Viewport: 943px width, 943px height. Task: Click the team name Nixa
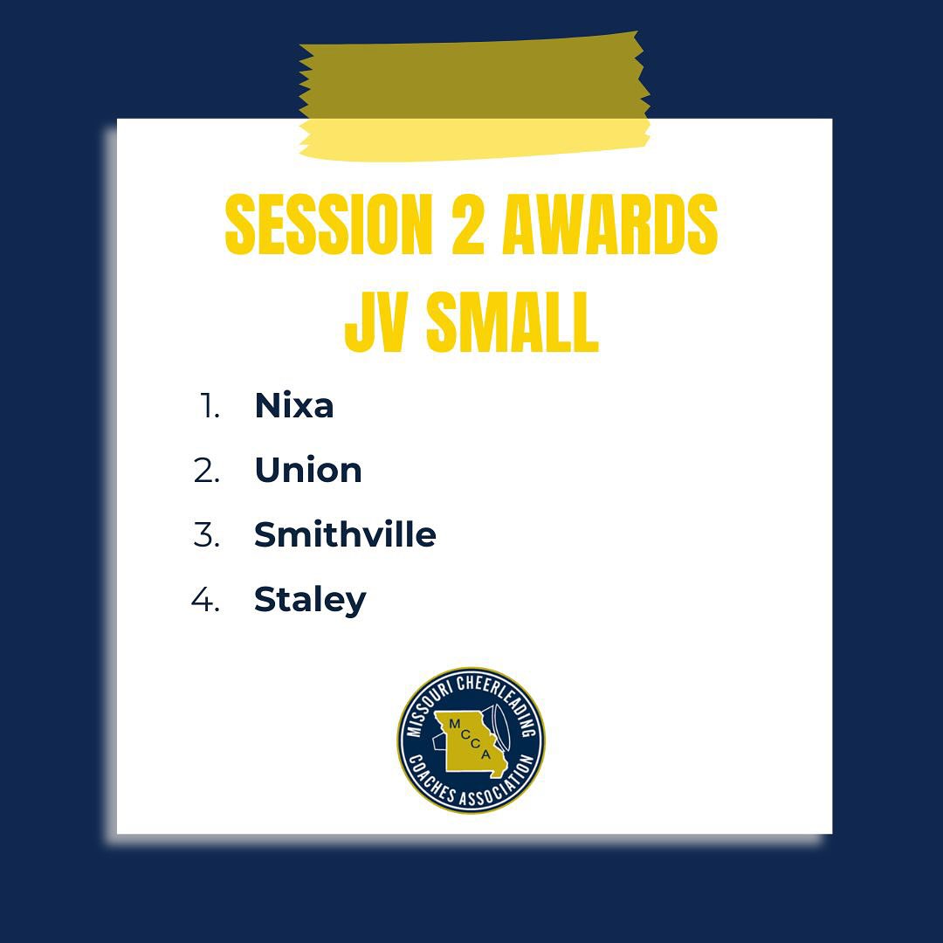[293, 406]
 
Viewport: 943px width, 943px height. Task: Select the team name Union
[307, 471]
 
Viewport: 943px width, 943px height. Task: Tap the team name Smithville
[345, 534]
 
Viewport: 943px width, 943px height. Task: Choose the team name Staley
[310, 601]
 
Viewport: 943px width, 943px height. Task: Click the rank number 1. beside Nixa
[209, 406]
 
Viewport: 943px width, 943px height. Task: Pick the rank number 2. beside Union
[206, 471]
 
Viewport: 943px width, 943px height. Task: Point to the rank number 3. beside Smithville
[206, 534]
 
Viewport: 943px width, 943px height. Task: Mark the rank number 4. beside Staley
[205, 600]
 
